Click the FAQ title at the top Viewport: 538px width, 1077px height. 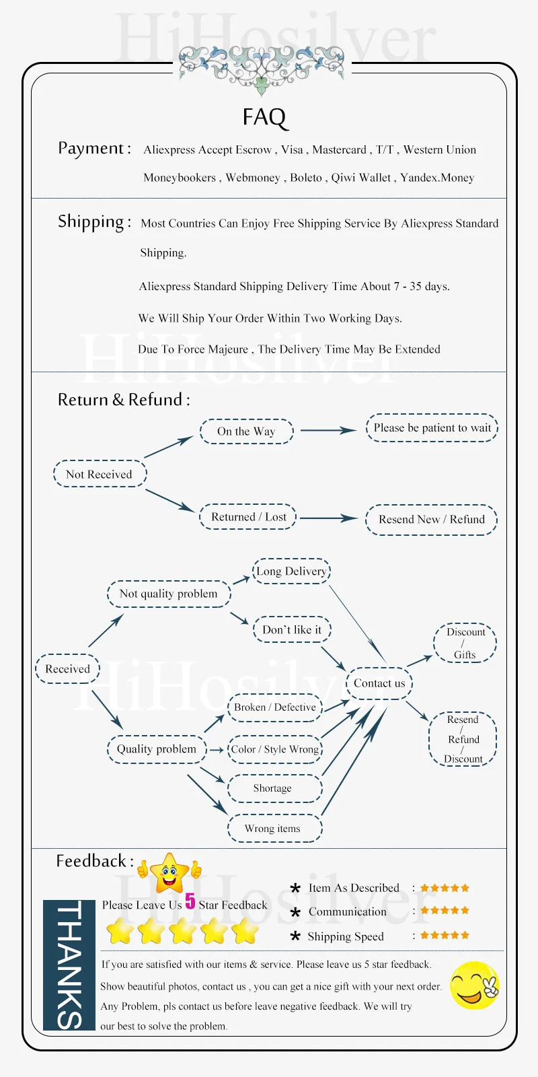coord(264,117)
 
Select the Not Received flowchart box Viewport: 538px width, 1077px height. coord(100,474)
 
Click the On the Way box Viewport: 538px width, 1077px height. coord(246,431)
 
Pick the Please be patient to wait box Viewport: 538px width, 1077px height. coord(432,428)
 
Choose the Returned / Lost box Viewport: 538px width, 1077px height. coord(248,517)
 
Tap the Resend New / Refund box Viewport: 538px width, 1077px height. coord(431,520)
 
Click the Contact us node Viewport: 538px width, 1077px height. coord(379,683)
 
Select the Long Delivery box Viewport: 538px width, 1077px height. coord(291,571)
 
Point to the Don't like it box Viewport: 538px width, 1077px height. coord(292,629)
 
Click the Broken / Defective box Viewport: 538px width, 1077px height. coord(274,707)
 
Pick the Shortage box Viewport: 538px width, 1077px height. coord(273,788)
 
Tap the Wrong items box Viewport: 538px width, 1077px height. coord(273,829)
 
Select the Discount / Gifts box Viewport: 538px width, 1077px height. coord(465,643)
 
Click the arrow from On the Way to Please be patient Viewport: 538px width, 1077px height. coord(329,430)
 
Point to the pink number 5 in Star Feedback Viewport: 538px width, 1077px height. coord(190,901)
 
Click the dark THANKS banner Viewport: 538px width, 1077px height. coord(69,965)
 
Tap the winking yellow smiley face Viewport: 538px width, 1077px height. coord(475,985)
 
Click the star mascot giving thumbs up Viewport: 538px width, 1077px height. coord(169,872)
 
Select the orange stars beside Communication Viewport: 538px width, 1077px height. coord(445,911)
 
